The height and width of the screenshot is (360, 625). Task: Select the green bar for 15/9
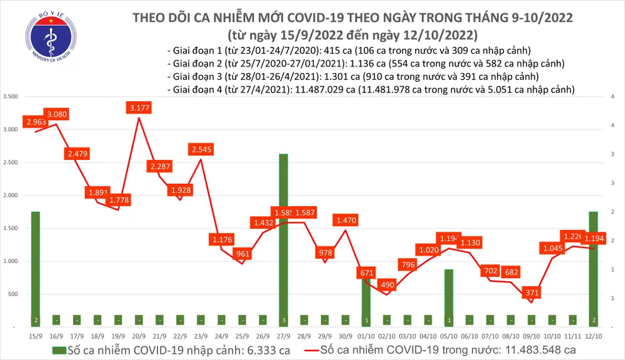click(36, 269)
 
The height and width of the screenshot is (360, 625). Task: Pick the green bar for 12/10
click(592, 269)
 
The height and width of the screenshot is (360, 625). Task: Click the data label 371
click(531, 292)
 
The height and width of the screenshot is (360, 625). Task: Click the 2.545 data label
click(201, 150)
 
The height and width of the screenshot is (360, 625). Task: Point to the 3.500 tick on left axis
click(10, 97)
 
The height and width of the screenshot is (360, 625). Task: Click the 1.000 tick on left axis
click(10, 261)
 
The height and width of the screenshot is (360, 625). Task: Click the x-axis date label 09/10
click(531, 336)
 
